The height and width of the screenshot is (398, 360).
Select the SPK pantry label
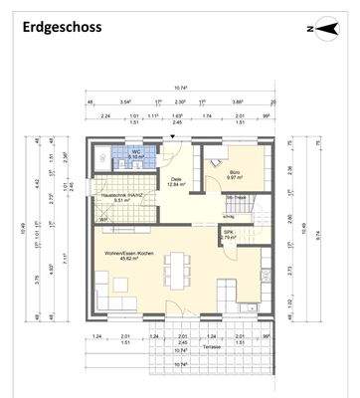click(228, 232)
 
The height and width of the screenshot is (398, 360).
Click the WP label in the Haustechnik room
click(102, 220)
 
